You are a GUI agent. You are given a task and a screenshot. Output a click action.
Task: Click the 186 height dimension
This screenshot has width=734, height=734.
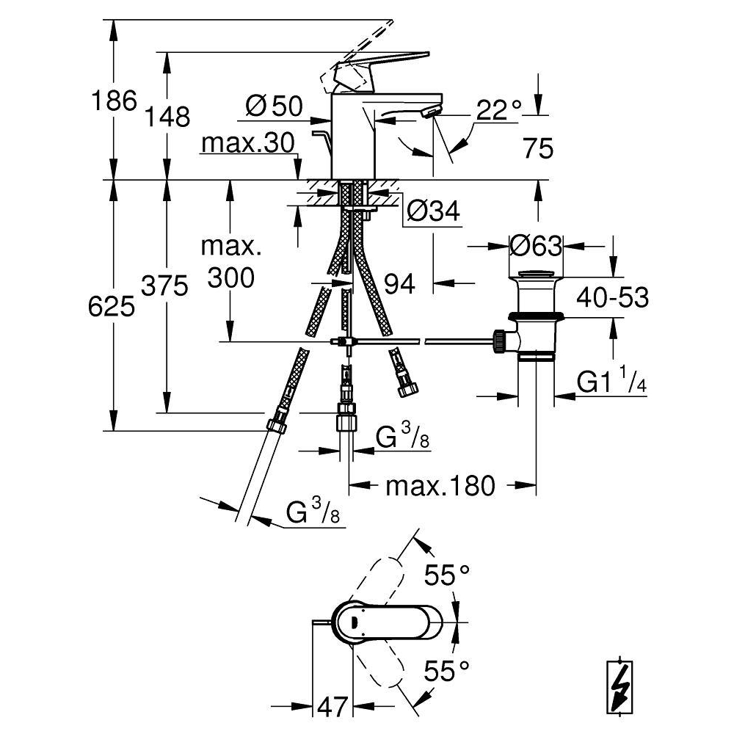[x=115, y=100]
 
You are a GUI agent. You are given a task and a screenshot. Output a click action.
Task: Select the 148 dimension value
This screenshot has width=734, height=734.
[x=167, y=116]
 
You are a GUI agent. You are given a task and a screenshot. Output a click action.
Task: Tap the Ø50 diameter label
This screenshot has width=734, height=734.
[x=275, y=106]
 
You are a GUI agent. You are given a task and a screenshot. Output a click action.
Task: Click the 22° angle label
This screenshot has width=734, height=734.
[x=499, y=111]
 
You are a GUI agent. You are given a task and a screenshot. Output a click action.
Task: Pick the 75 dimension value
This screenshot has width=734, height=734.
[x=538, y=148]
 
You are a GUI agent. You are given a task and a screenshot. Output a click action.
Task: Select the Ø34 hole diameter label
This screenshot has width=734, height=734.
[x=433, y=211]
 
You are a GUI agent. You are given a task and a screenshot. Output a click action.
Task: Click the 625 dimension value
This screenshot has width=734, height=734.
[x=112, y=307]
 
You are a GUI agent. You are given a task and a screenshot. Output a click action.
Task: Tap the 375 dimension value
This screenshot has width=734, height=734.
[x=164, y=286]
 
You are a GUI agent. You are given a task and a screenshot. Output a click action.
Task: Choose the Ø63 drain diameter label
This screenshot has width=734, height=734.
[x=536, y=245]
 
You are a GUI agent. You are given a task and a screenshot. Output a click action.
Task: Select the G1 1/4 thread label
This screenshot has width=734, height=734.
[x=611, y=379]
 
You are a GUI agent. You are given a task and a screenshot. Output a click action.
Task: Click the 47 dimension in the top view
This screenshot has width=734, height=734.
[x=333, y=706]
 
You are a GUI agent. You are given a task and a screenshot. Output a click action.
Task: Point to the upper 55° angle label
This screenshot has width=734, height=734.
[x=447, y=575]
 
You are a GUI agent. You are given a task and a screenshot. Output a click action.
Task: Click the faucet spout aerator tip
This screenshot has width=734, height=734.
[x=431, y=112]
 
